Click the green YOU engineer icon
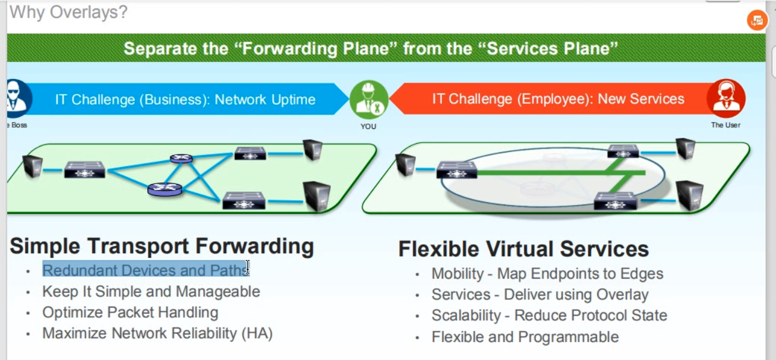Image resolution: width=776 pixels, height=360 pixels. [x=368, y=99]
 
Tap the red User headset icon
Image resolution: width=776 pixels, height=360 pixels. [x=725, y=99]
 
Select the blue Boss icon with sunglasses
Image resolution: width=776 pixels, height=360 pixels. [x=17, y=99]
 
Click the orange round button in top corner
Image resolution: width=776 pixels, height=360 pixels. [x=756, y=20]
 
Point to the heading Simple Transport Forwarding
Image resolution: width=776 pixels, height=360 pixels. [x=162, y=246]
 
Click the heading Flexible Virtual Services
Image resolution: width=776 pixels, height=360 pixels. [x=523, y=248]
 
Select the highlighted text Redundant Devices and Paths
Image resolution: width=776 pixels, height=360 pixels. [x=145, y=270]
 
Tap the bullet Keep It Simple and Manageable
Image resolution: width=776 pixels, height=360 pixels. [x=151, y=292]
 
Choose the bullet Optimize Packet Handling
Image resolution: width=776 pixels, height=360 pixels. [x=130, y=312]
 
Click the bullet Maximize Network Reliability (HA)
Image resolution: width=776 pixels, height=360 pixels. [x=157, y=333]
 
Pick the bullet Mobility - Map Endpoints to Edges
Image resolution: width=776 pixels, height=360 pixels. [x=547, y=274]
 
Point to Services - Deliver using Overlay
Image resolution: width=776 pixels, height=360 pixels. [x=540, y=295]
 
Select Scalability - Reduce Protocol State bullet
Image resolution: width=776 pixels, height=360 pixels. [x=549, y=315]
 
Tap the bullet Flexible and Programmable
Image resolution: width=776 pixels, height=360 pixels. [x=525, y=337]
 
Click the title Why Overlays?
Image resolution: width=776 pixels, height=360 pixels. [x=68, y=11]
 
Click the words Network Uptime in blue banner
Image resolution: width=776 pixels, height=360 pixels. [x=265, y=99]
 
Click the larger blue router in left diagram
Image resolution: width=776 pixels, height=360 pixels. [x=165, y=189]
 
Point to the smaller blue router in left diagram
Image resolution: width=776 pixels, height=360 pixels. [x=181, y=159]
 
